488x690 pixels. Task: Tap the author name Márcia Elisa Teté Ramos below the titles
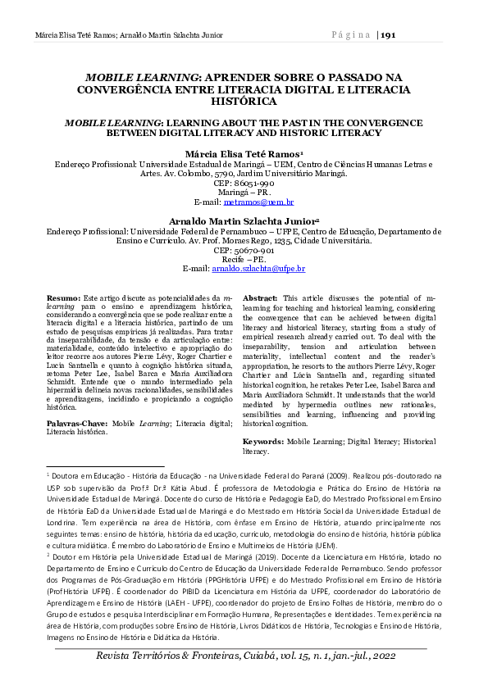tap(242, 154)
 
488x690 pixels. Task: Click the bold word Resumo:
tap(63, 298)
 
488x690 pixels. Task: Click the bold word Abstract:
tap(261, 298)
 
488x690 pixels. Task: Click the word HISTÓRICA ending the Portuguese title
tap(244, 102)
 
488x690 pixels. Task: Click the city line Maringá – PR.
tap(244, 193)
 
